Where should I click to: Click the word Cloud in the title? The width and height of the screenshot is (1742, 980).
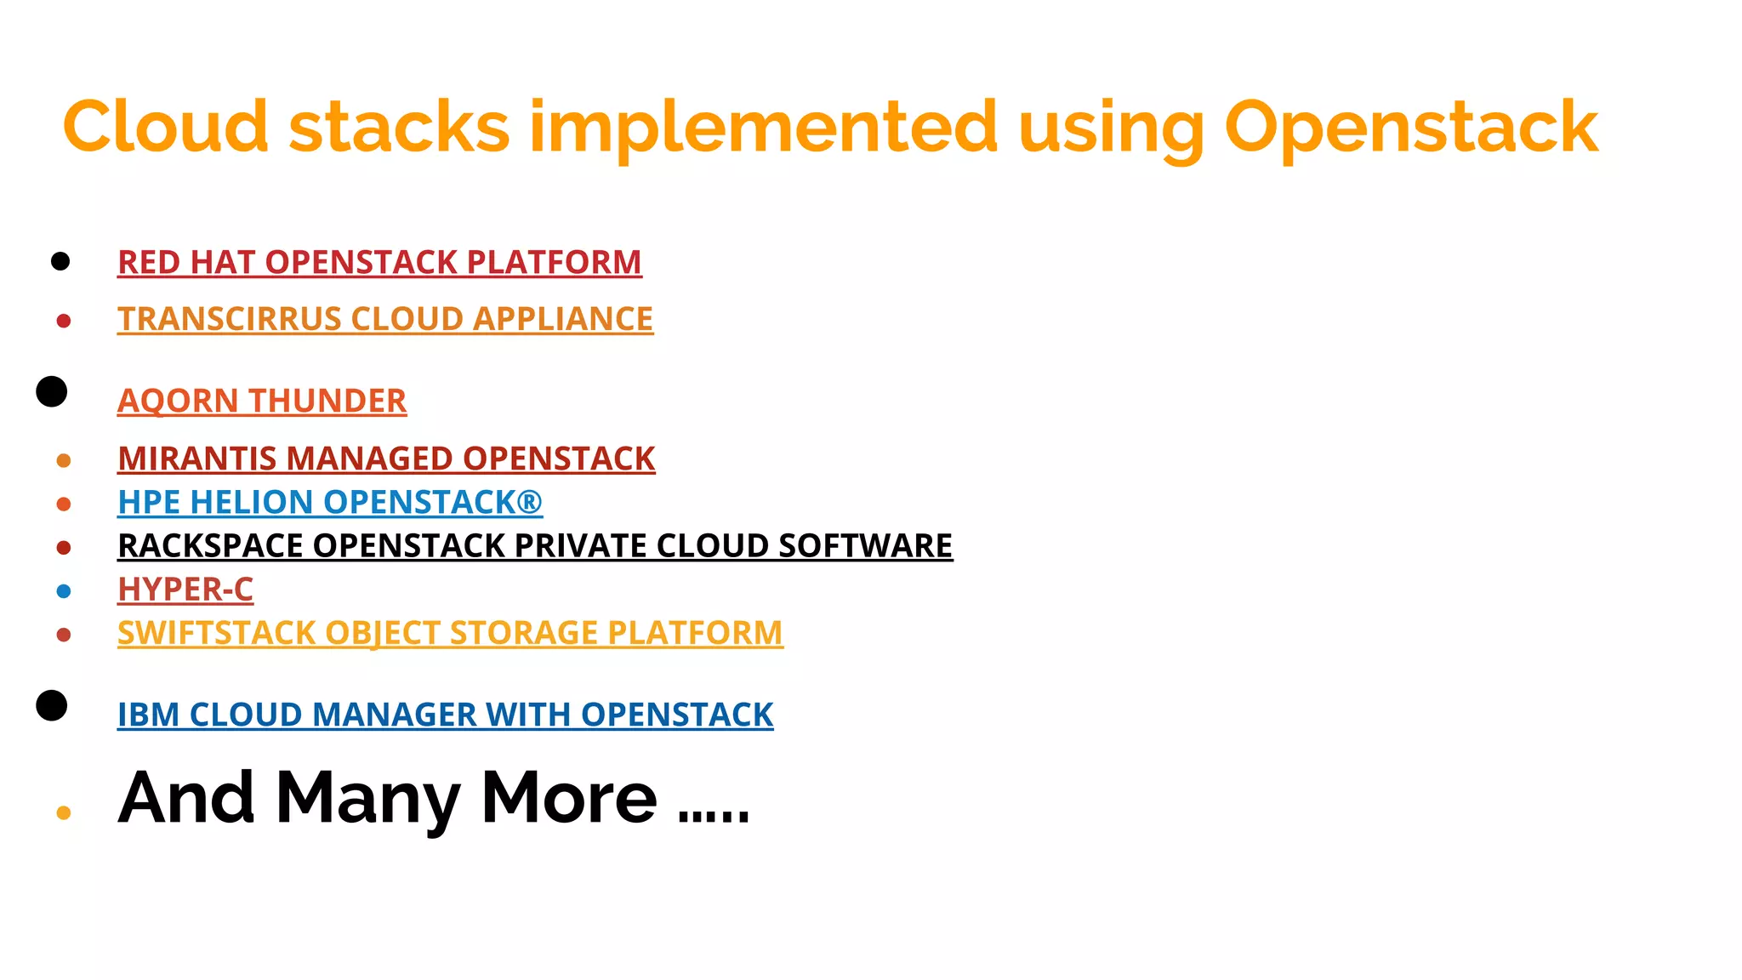click(166, 128)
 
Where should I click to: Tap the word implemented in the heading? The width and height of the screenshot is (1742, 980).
click(763, 128)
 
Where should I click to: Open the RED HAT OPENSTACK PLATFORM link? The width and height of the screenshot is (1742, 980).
click(379, 262)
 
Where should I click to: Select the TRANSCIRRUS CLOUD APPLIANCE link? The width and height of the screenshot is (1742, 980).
click(385, 319)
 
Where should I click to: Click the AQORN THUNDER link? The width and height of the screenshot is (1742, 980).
click(262, 401)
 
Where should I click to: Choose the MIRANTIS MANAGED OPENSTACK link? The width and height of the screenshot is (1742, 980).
click(386, 459)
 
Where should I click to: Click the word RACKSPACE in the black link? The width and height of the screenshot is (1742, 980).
click(211, 545)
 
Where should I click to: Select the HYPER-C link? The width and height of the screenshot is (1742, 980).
click(185, 589)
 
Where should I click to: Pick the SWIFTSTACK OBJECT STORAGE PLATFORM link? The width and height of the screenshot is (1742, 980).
click(450, 633)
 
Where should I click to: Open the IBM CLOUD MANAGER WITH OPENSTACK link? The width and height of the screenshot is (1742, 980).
click(445, 715)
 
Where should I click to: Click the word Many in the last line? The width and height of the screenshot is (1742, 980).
click(367, 798)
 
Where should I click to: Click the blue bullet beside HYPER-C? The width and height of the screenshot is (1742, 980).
click(64, 591)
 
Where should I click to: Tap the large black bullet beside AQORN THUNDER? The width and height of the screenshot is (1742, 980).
click(52, 391)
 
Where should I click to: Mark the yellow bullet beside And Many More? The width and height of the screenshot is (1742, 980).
click(64, 813)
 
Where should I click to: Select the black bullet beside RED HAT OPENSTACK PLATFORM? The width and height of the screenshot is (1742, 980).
click(60, 261)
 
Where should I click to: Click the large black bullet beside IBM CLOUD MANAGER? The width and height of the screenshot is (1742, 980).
click(52, 705)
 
